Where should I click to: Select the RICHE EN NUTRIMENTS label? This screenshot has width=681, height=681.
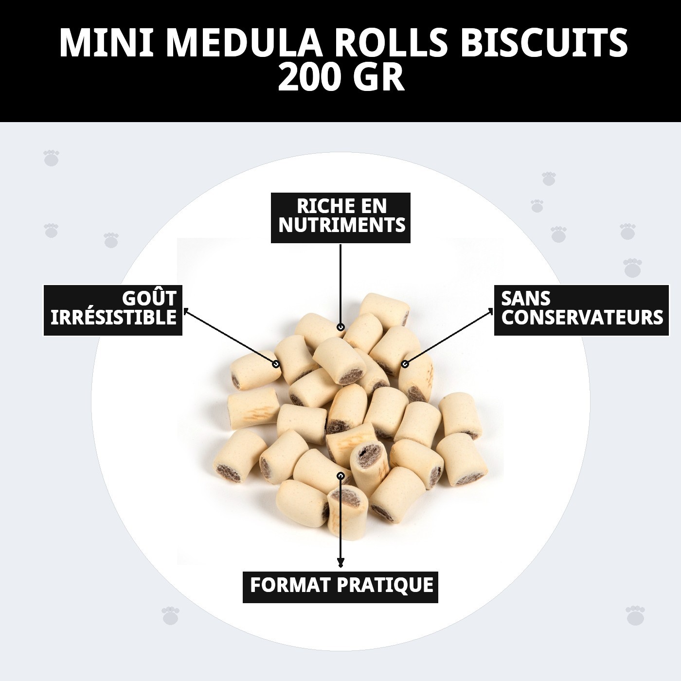click(x=340, y=217)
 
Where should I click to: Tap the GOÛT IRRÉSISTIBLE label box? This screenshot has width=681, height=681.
click(x=113, y=310)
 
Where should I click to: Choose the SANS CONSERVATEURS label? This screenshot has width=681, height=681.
click(x=582, y=310)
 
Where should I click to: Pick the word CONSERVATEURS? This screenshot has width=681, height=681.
click(x=582, y=318)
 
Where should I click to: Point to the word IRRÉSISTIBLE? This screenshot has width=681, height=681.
click(x=113, y=318)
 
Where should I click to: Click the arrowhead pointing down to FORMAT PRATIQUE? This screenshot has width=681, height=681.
click(x=340, y=564)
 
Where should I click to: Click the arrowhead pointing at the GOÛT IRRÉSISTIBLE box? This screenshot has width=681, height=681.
click(x=186, y=311)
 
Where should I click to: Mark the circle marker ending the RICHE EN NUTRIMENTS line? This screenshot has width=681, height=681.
click(x=340, y=327)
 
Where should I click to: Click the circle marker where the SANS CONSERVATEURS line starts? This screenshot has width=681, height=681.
click(x=405, y=363)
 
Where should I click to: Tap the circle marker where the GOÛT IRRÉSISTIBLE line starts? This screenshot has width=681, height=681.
click(x=276, y=363)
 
